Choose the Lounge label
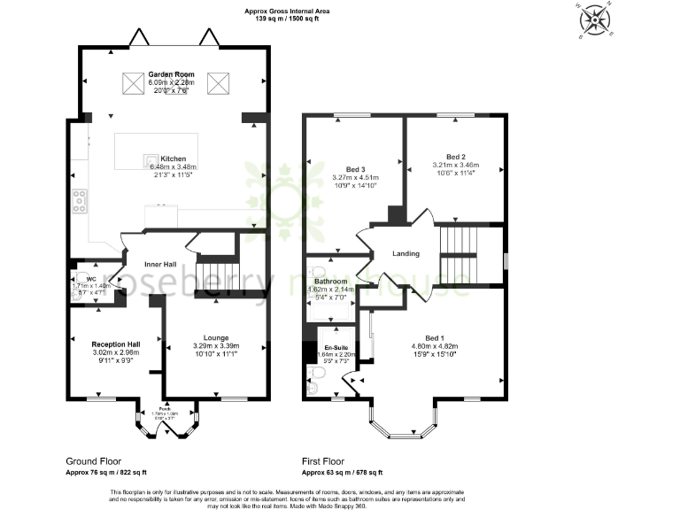click(216, 338)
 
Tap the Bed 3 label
click(355, 169)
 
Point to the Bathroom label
click(330, 282)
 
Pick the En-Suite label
click(336, 347)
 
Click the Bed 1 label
click(433, 338)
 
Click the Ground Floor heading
click(93, 461)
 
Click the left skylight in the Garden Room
click(134, 83)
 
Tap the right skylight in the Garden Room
click(219, 83)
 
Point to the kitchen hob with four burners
click(80, 203)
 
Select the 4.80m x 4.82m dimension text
click(433, 346)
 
